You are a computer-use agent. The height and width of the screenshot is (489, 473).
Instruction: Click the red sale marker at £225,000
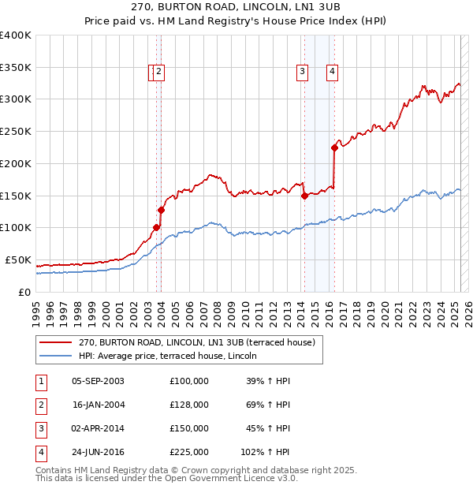click(334, 147)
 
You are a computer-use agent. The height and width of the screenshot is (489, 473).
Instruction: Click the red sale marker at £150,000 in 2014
click(304, 196)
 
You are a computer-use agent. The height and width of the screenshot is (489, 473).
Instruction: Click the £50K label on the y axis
click(18, 259)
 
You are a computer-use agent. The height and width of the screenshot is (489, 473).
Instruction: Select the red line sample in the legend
click(55, 342)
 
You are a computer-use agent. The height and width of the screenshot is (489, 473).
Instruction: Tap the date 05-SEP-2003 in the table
click(98, 381)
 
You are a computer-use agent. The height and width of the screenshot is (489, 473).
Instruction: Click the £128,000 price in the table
click(188, 405)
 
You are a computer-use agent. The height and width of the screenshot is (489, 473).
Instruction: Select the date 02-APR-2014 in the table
click(98, 428)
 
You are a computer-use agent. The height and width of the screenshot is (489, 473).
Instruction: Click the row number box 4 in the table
click(40, 452)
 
